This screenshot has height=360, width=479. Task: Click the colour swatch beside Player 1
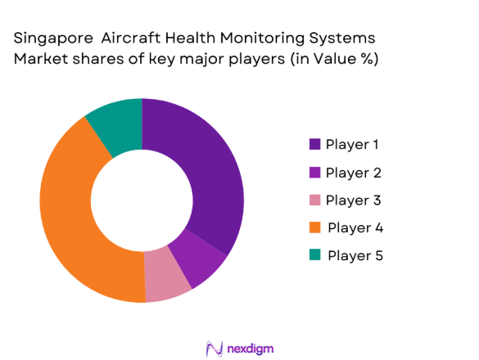click(x=314, y=145)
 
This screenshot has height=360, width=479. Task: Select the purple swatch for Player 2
click(x=314, y=173)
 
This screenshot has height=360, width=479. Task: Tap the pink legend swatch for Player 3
click(x=314, y=200)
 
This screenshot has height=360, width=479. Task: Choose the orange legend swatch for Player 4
click(x=314, y=227)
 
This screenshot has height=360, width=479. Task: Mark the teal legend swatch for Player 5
click(x=314, y=255)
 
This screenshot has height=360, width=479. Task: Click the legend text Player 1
click(x=352, y=145)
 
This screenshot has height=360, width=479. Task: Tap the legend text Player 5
click(x=355, y=255)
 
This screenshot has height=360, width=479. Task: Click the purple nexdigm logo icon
click(x=215, y=348)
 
